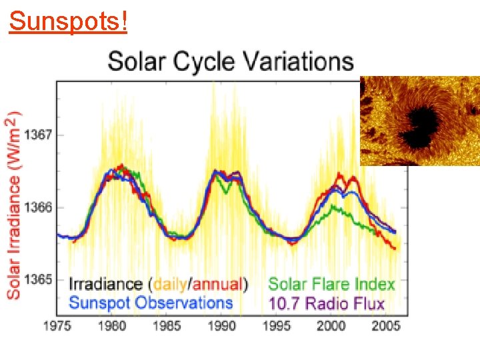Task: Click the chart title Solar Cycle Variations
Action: (231, 61)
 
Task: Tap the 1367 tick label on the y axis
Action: (39, 135)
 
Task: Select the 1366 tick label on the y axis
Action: (39, 208)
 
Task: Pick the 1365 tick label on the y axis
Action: (39, 280)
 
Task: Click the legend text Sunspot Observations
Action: (151, 303)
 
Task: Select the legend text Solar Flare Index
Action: (331, 285)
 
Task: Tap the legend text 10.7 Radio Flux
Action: (327, 304)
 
